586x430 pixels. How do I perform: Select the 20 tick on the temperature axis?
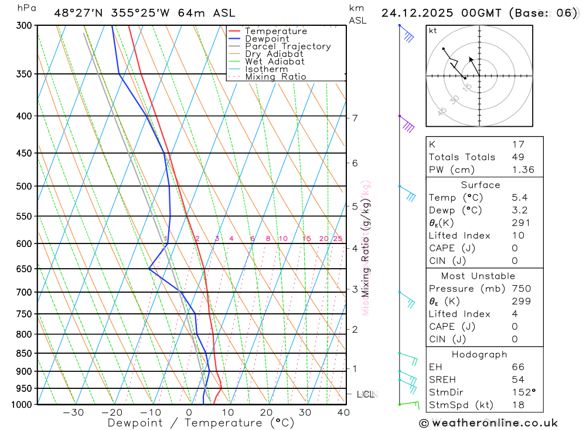click(x=266, y=412)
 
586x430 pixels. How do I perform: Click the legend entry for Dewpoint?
click(x=267, y=39)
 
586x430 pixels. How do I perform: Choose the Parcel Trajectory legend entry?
click(x=288, y=46)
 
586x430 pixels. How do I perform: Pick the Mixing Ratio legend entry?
click(x=275, y=77)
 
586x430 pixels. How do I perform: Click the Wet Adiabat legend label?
click(x=275, y=62)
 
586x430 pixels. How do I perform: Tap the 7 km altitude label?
click(x=355, y=118)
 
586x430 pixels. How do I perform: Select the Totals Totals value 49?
click(x=518, y=157)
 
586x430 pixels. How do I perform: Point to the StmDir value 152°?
click(x=520, y=392)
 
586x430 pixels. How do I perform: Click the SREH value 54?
click(x=518, y=380)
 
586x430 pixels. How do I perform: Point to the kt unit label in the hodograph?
click(x=433, y=31)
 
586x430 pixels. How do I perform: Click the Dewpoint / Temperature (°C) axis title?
click(x=200, y=423)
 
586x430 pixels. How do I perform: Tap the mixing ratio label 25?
click(x=338, y=239)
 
